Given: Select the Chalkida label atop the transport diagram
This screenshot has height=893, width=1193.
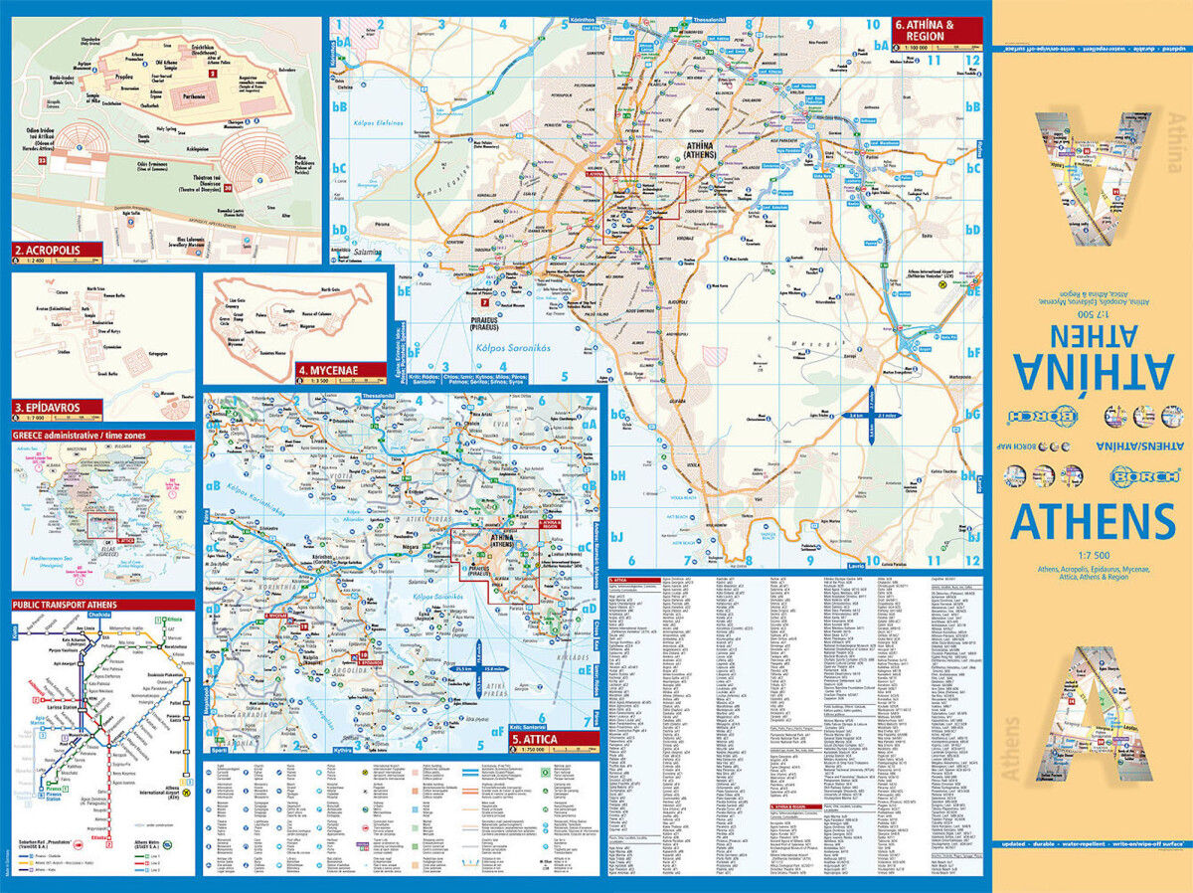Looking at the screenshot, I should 100,642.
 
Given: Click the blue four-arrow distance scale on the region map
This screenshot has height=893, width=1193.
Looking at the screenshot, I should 872,415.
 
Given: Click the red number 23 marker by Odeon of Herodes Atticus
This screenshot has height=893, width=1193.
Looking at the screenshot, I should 42,160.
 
